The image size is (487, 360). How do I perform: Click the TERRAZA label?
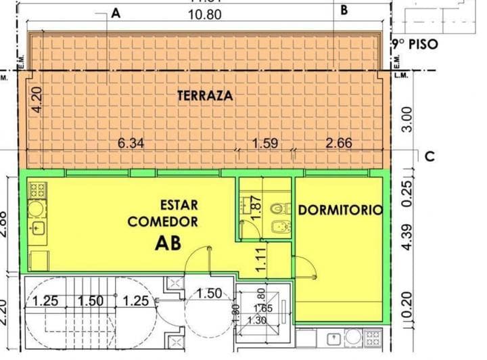[x=205, y=96]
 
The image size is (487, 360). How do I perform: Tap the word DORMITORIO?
[x=340, y=210]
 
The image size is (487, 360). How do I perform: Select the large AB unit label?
[x=168, y=242]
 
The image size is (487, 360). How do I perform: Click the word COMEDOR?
[x=163, y=221]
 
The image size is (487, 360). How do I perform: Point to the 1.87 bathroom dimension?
[x=256, y=205]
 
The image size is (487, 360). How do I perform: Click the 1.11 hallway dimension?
[x=260, y=260]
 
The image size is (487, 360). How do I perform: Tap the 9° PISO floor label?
[x=416, y=45]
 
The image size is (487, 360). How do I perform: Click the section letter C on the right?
[x=430, y=156]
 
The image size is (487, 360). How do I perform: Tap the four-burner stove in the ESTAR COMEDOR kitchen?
[x=37, y=189]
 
